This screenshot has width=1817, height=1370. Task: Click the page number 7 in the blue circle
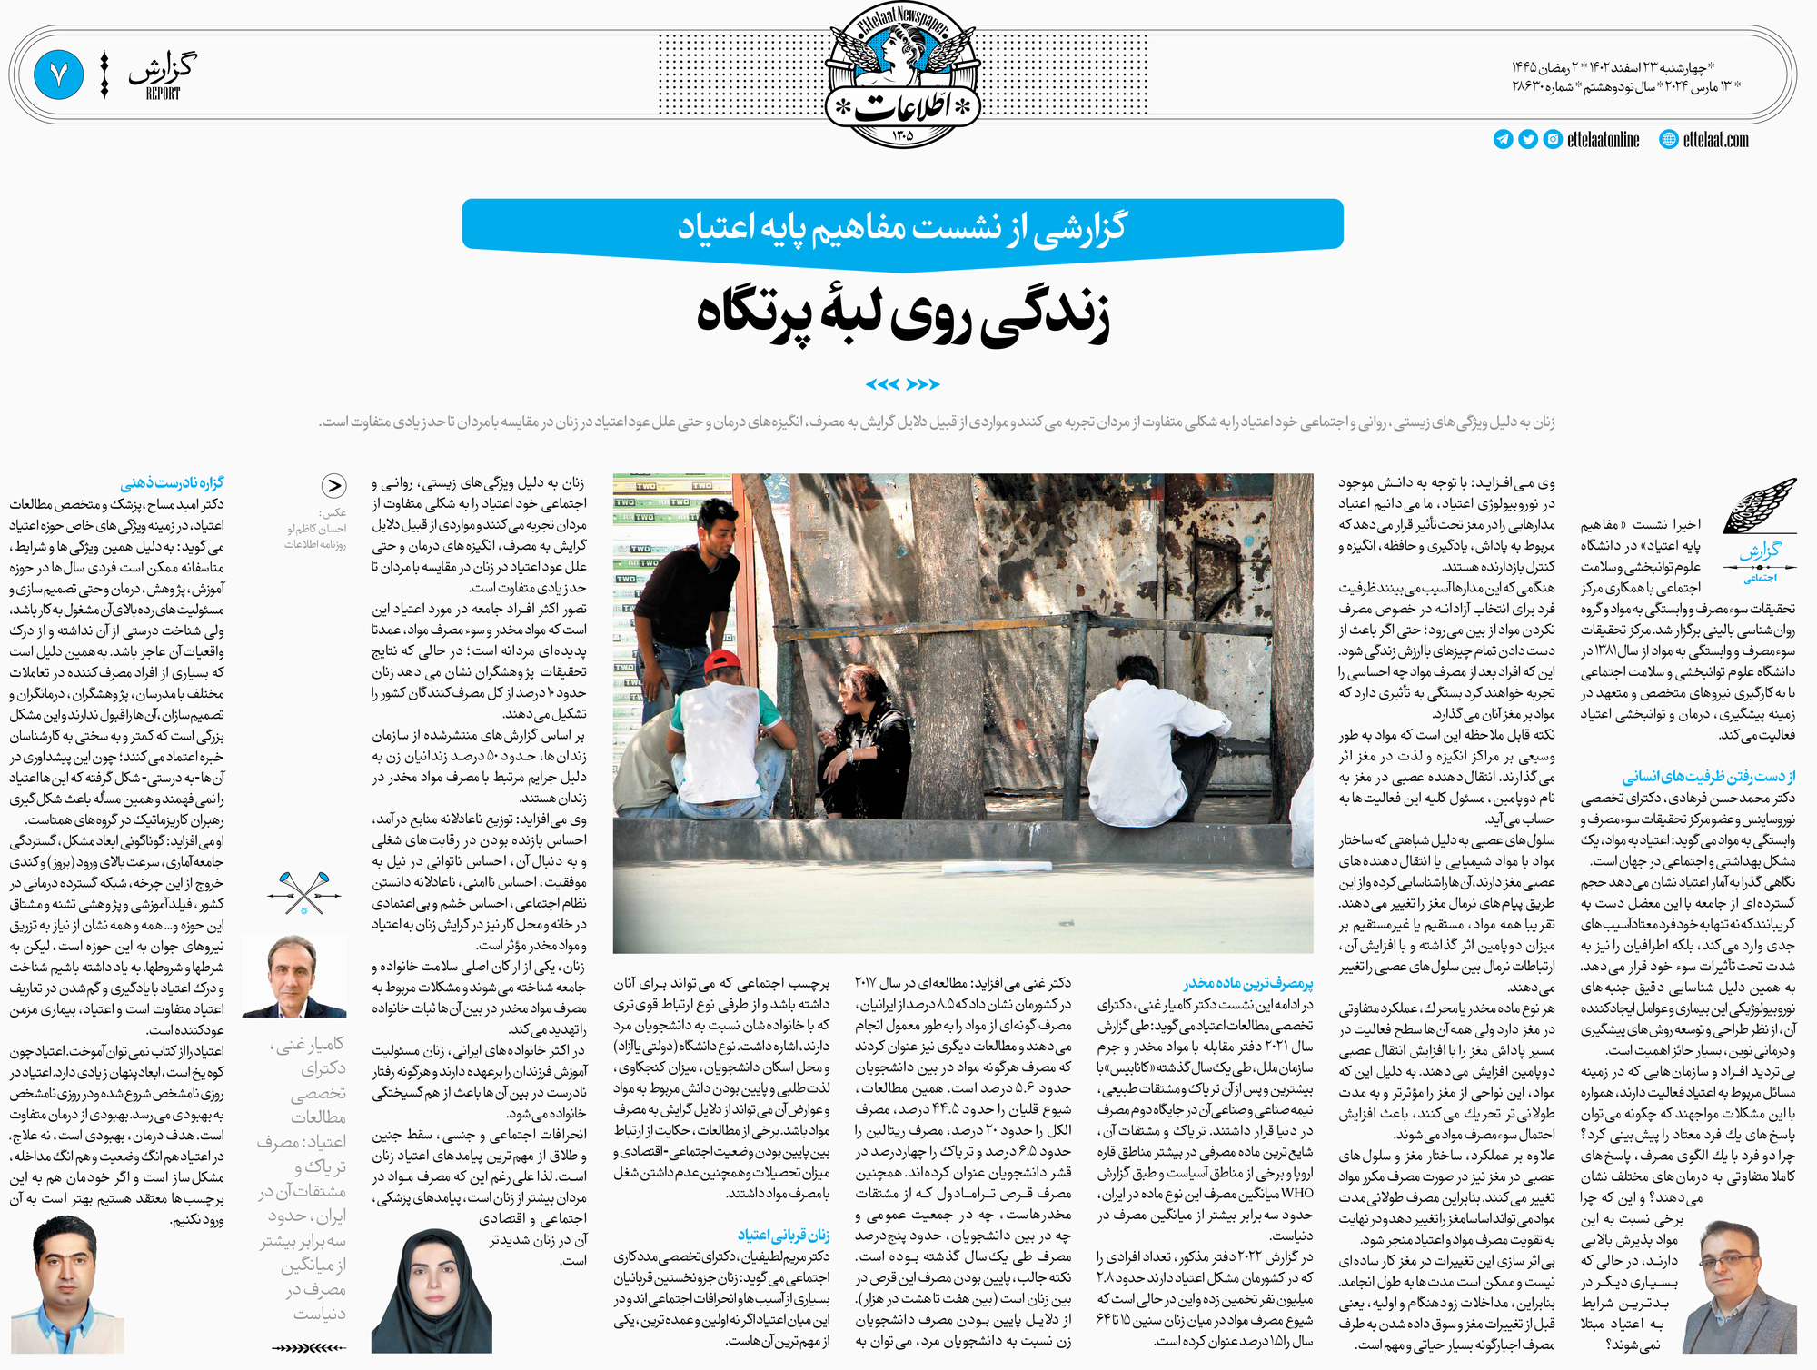pyautogui.click(x=59, y=75)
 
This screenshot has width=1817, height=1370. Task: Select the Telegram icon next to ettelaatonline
pyautogui.click(x=1503, y=140)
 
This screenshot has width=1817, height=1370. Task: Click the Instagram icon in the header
pyautogui.click(x=1554, y=140)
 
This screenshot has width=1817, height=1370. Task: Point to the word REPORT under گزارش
pyautogui.click(x=163, y=94)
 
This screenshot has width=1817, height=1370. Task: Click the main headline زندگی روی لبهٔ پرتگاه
pyautogui.click(x=903, y=313)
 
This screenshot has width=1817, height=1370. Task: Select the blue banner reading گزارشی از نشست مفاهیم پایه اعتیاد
pyautogui.click(x=902, y=225)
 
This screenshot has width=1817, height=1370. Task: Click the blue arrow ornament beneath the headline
pyautogui.click(x=902, y=384)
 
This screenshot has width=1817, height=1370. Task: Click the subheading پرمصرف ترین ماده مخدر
pyautogui.click(x=1248, y=984)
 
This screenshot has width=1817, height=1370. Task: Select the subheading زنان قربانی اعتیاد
pyautogui.click(x=782, y=1235)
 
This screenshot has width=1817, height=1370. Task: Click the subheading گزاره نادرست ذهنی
pyautogui.click(x=172, y=483)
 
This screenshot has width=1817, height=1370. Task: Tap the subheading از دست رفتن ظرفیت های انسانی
pyautogui.click(x=1708, y=777)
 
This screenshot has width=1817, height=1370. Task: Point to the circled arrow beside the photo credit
pyautogui.click(x=334, y=486)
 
